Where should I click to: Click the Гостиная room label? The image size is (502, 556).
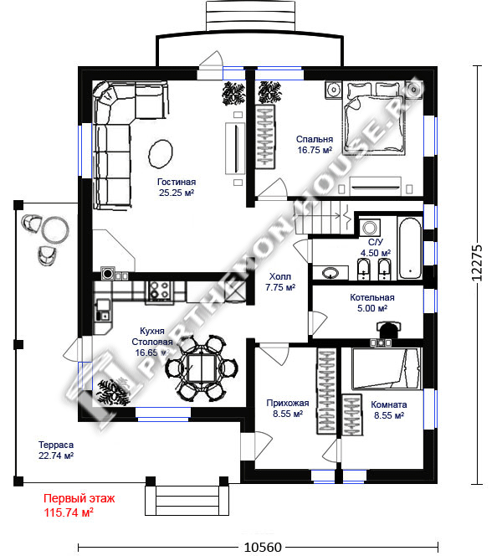pyautogui.click(x=177, y=182)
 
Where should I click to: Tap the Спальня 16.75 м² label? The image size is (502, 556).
pyautogui.click(x=315, y=144)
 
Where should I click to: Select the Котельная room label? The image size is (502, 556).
pyautogui.click(x=372, y=297)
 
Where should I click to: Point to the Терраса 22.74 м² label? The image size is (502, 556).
pyautogui.click(x=56, y=450)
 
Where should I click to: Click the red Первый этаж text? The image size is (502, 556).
pyautogui.click(x=79, y=498)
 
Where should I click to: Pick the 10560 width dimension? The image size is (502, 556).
pyautogui.click(x=263, y=547)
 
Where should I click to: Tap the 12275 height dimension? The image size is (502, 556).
pyautogui.click(x=477, y=263)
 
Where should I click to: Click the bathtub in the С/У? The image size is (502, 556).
pyautogui.click(x=410, y=248)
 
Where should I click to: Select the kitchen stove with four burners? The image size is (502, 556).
pyautogui.click(x=159, y=291)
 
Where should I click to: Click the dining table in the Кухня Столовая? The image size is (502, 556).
pyautogui.click(x=202, y=368)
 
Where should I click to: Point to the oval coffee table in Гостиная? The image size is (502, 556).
pyautogui.click(x=160, y=154)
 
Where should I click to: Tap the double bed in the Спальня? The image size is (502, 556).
pyautogui.click(x=375, y=118)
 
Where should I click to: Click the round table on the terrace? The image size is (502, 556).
pyautogui.click(x=55, y=230)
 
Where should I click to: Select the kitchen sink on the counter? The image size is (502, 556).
pyautogui.click(x=103, y=309)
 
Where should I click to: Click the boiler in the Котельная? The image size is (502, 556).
pyautogui.click(x=388, y=330)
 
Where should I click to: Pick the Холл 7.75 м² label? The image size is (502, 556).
pyautogui.click(x=280, y=282)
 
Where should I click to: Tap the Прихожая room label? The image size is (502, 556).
pyautogui.click(x=288, y=403)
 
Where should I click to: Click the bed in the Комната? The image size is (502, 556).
pyautogui.click(x=386, y=368)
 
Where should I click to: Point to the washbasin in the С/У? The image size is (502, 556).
pyautogui.click(x=330, y=273)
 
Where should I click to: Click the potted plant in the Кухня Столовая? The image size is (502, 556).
pyautogui.click(x=113, y=392)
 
